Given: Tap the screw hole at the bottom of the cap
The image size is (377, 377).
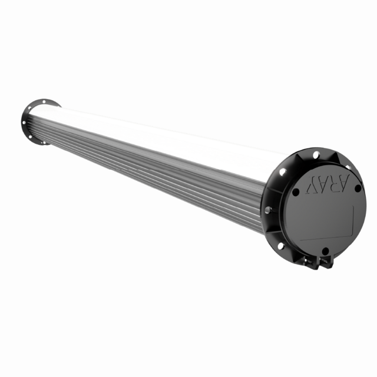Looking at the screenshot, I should tap(325, 250).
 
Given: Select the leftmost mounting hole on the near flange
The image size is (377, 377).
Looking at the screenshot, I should tap(268, 209).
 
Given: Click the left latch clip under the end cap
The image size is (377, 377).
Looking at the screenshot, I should tap(310, 261).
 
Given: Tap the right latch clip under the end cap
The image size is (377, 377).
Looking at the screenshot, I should tap(325, 262).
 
